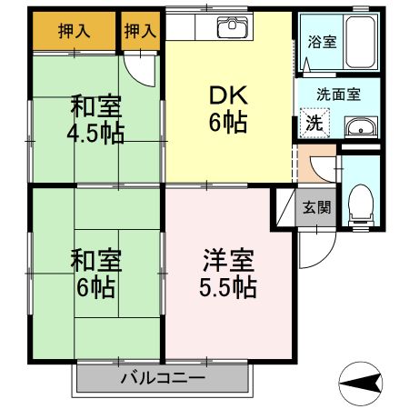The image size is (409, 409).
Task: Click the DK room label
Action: (x=229, y=95)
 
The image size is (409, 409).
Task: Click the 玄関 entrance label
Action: (x=316, y=205)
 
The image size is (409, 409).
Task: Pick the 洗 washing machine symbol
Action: (x=313, y=124)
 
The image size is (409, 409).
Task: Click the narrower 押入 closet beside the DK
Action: (x=139, y=31)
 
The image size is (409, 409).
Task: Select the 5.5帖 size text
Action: (x=226, y=290)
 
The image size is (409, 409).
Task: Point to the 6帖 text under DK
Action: (x=229, y=122)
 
